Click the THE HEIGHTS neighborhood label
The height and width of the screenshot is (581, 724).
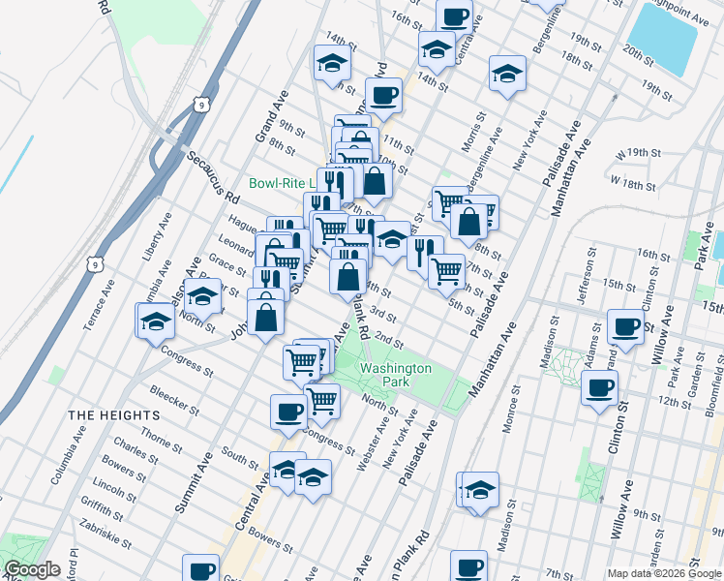106,414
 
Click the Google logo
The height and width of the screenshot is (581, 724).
32,569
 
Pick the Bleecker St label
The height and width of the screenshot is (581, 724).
174,400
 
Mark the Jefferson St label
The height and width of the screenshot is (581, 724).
592,277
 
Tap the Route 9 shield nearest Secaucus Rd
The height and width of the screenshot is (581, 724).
200,103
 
